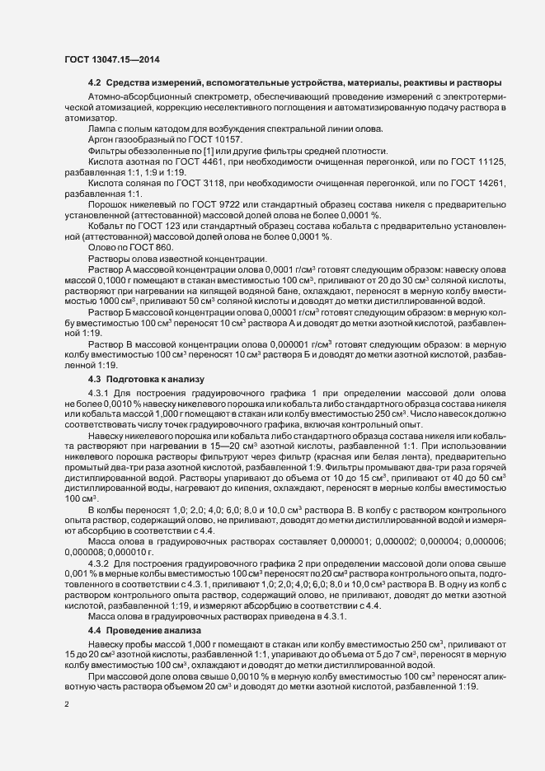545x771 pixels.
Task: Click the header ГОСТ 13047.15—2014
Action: click(x=111, y=61)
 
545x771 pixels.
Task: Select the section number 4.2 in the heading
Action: click(x=94, y=83)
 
